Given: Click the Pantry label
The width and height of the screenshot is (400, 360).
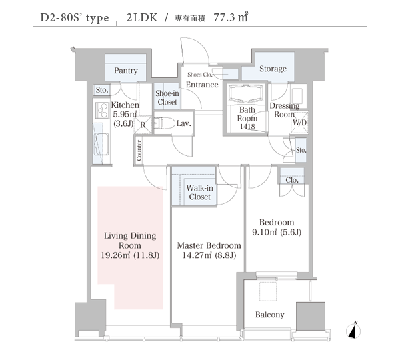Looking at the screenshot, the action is pos(126,71).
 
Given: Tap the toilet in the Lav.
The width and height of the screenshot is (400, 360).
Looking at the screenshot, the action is pos(164,123).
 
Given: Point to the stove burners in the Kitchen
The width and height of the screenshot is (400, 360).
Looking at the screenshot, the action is pos(101,110).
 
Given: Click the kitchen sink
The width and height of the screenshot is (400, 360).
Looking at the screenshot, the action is pos(101,145).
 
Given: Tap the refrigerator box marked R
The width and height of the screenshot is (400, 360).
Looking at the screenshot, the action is pos(143,125).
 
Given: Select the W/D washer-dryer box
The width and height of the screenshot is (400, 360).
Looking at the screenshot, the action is pos(299,122).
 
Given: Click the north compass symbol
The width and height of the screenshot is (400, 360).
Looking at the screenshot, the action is pos(353,331).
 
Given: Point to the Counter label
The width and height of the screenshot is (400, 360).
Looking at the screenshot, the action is pos(139,150).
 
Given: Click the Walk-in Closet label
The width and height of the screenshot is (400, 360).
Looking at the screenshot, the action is pos(200,193).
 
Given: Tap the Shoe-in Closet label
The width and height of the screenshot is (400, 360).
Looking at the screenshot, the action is pos(167,98).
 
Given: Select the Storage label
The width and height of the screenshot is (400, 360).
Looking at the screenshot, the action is pos(273,69).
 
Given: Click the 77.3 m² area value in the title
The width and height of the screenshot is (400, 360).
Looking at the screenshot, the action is pos(231,17).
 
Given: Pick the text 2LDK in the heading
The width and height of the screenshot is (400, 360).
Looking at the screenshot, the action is pos(142,17).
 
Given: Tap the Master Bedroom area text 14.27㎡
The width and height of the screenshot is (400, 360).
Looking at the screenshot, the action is pos(197,255).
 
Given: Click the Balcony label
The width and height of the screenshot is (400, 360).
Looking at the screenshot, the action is pos(269,315).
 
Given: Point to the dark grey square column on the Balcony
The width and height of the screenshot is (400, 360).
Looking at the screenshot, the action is pos(311,317).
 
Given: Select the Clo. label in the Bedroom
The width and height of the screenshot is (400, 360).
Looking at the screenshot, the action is pos(292,180).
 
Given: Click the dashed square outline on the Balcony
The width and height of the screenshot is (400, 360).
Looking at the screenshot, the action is pos(268,291).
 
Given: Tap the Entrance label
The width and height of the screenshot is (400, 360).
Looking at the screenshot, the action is pos(202,85).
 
